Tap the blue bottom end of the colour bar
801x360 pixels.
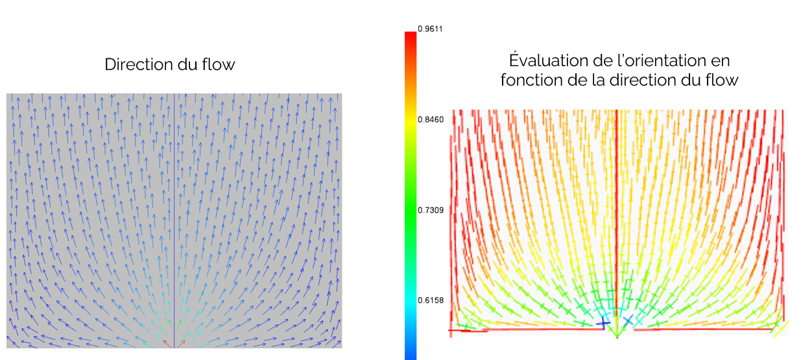pos(410,354)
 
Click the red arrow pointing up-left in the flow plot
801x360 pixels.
pos(167,343)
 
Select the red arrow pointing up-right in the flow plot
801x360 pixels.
pos(181,343)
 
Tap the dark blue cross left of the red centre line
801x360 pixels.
pos(603,321)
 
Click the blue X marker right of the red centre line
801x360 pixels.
pos(628,320)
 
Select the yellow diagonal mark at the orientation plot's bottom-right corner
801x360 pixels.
pos(780,329)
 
